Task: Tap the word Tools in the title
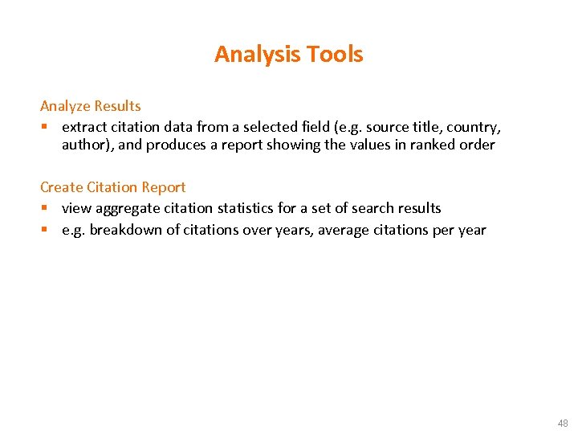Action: [334, 55]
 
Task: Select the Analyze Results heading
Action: [91, 106]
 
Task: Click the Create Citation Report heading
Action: [113, 187]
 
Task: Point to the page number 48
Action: [562, 423]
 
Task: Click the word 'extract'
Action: [85, 127]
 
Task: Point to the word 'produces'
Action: [177, 145]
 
